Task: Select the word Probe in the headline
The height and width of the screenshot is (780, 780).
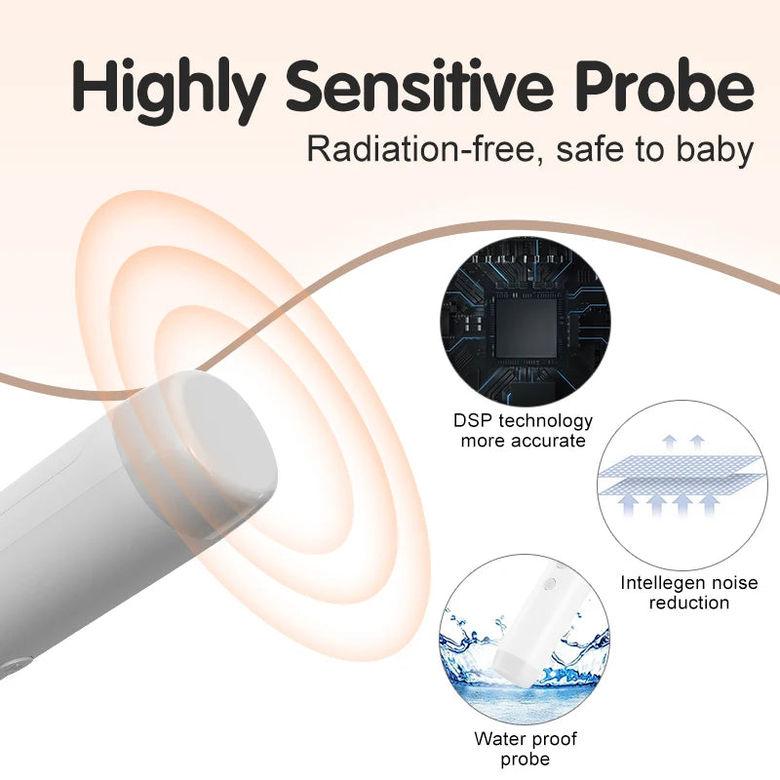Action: click(x=673, y=88)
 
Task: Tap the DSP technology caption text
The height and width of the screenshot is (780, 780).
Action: click(x=523, y=421)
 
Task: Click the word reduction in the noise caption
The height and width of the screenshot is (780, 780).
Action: click(x=689, y=603)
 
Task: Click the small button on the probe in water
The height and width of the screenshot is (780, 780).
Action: click(x=548, y=584)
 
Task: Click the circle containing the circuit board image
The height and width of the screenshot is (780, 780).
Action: click(x=525, y=321)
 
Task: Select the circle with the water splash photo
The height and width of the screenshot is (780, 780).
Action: click(x=525, y=639)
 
